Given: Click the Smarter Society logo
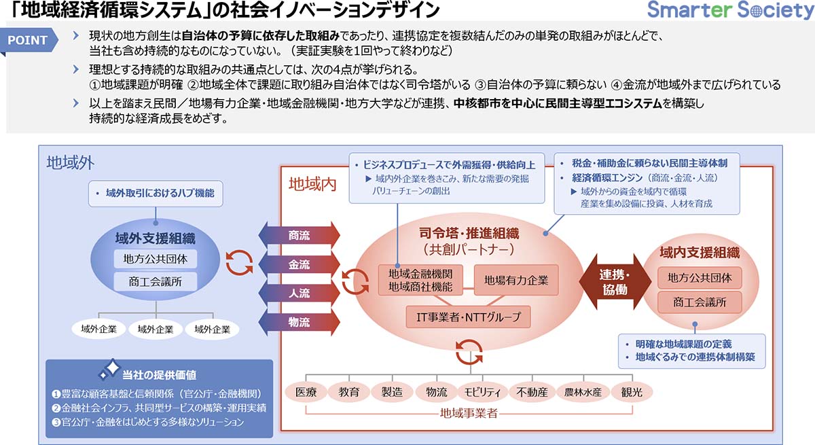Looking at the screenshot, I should coord(726,12).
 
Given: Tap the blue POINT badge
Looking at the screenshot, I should coord(28,40).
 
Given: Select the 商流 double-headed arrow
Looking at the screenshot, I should coord(300,236).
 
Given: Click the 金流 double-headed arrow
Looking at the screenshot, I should coord(300,265).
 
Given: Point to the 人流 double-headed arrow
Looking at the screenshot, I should coord(300,293).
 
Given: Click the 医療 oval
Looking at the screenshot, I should coord(306,391).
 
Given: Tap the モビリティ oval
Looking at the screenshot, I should coord(483,391).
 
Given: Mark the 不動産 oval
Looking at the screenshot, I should coord(532,391).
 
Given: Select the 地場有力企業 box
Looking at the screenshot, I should coord(516,279).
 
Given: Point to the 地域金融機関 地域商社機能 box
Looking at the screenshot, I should coord(421,279).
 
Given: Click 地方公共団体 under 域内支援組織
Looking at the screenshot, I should coord(700,278).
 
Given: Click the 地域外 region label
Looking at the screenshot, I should coord(70,162).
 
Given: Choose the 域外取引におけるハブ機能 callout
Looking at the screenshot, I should coord(156,194).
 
